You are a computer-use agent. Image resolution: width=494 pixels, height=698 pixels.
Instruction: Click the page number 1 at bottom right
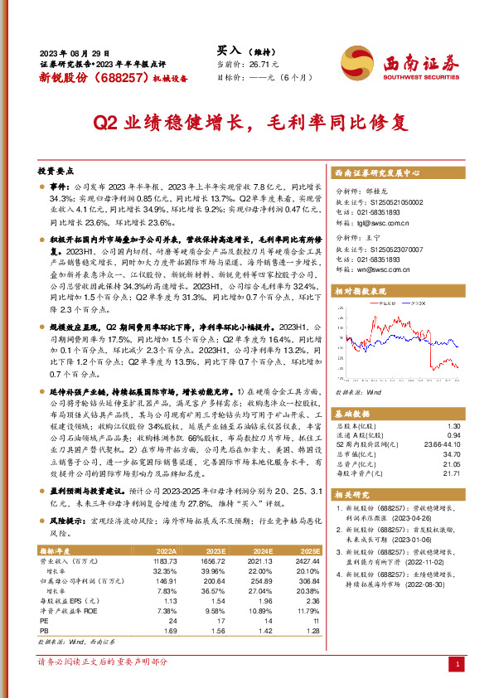pyautogui.click(x=458, y=664)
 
